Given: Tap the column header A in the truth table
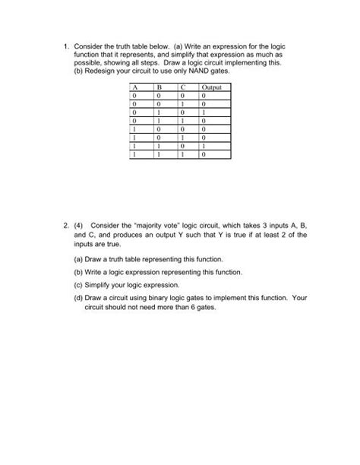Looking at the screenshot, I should coord(134,89).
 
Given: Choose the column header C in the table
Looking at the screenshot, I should coord(182,89).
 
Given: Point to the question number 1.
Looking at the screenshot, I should coord(65,46).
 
